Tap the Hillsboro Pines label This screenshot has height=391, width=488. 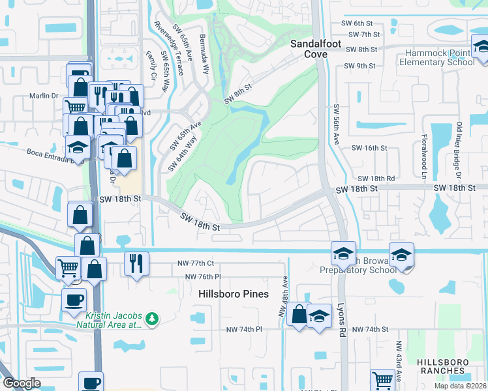234,294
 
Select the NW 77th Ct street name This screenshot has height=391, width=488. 196,263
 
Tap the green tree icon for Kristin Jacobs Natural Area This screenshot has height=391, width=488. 152,318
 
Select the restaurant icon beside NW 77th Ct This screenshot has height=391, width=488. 136,264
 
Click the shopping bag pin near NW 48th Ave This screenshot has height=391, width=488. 298,315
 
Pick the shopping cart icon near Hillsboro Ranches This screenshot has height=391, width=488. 382,379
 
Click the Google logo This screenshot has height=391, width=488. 22,383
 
